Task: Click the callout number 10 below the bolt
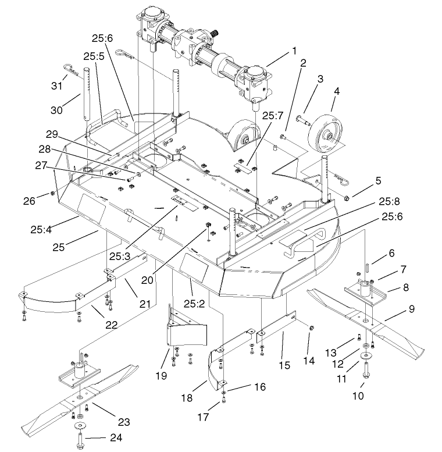pos(358,395)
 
